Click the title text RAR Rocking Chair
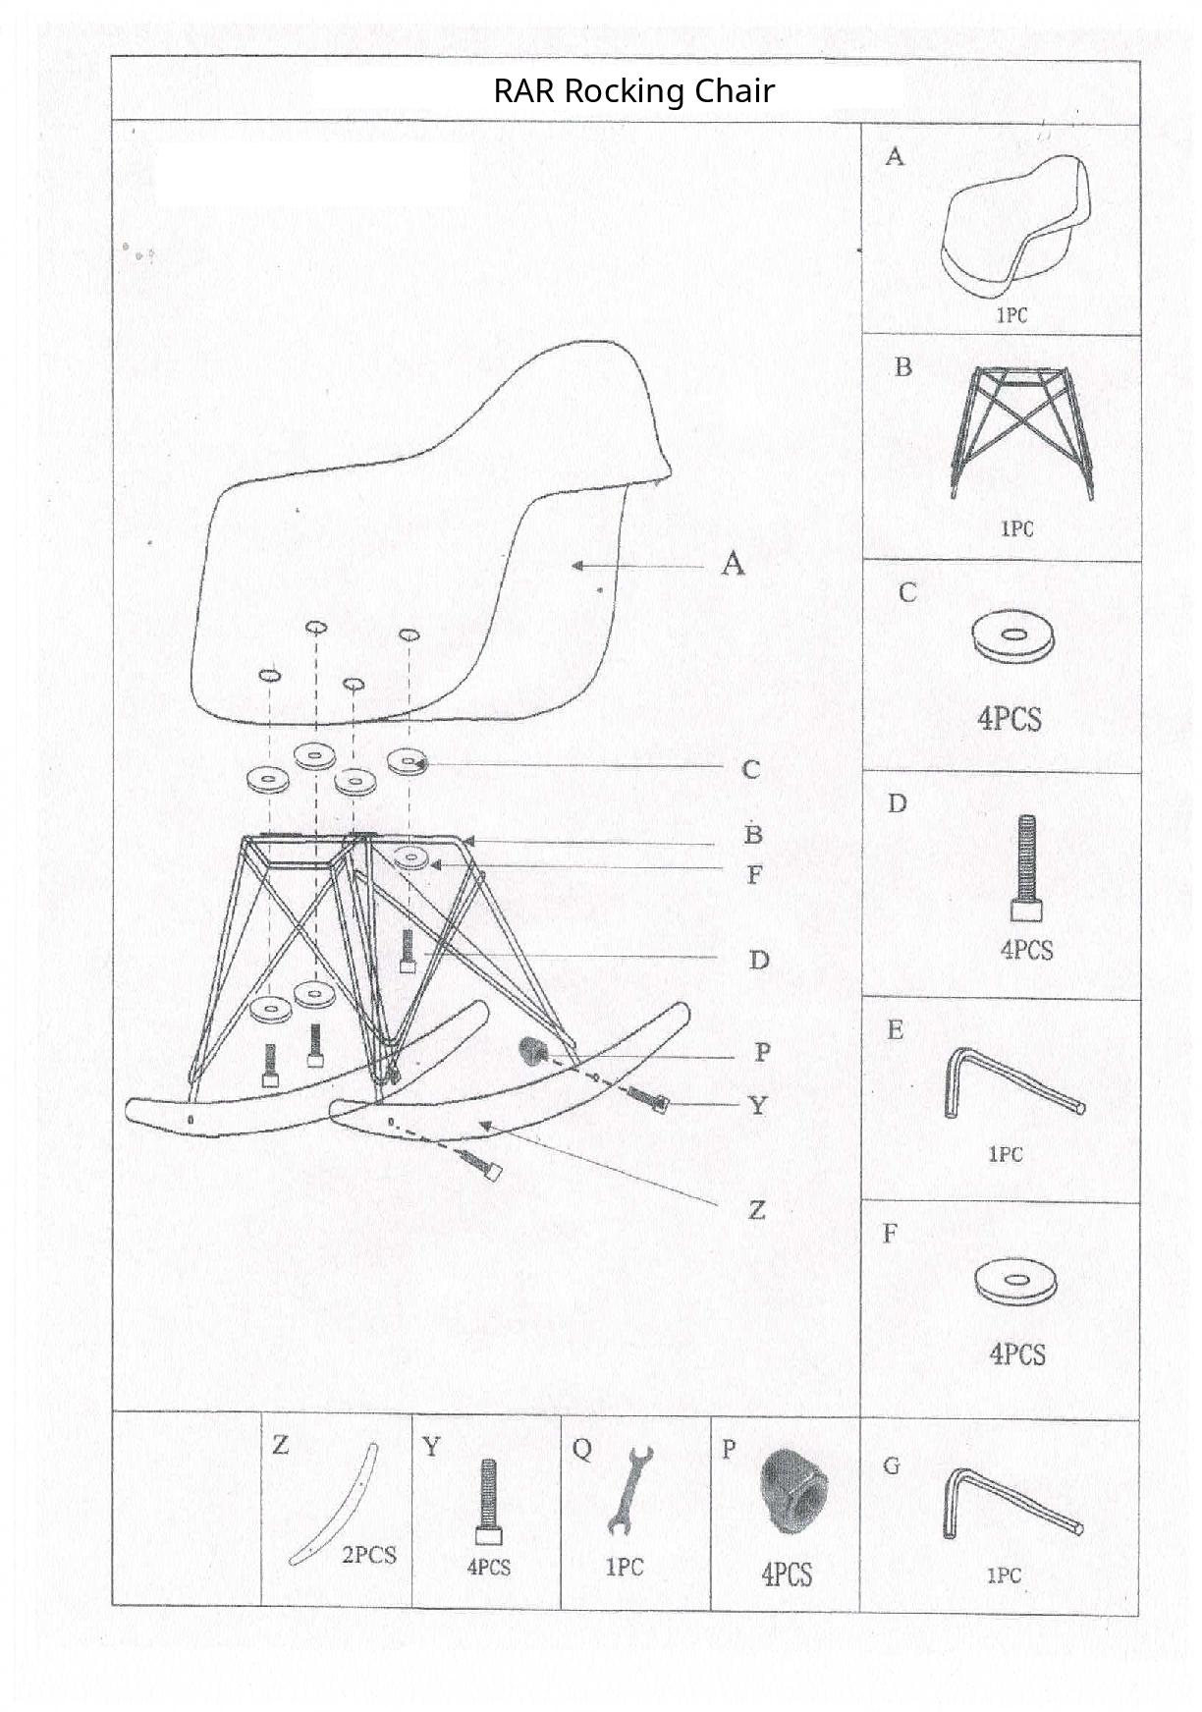coord(633,91)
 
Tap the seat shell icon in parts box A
coord(1016,227)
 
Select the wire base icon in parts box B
coord(1021,430)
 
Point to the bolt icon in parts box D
coord(1026,867)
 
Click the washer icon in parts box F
coord(1016,1281)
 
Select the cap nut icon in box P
coord(792,1490)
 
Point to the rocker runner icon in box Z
coord(334,1504)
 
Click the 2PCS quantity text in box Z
coord(369,1555)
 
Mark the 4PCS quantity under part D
coord(1026,950)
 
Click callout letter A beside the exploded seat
coord(734,564)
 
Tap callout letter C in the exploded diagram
coord(751,769)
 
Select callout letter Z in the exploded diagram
coord(756,1209)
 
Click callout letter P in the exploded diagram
coord(762,1053)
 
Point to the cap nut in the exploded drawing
coord(533,1052)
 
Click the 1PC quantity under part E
coord(1005,1154)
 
